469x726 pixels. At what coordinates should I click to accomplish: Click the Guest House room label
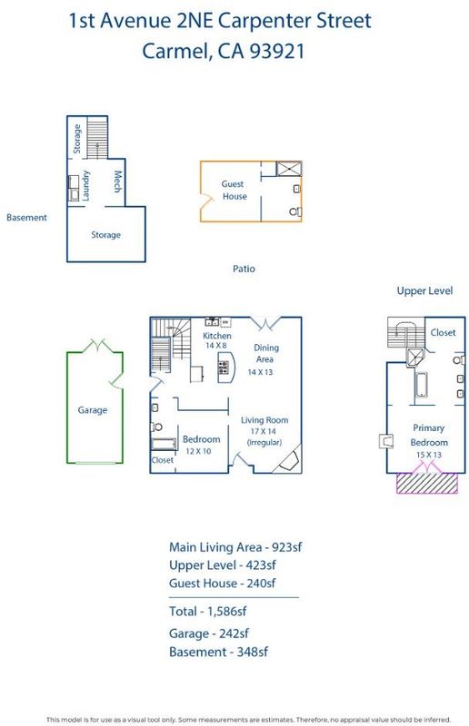point(234,190)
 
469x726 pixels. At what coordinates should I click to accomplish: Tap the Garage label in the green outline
point(93,410)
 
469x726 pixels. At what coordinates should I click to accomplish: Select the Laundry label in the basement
point(85,186)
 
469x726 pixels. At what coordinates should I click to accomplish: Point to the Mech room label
point(118,181)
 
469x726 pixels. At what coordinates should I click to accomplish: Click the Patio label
point(244,269)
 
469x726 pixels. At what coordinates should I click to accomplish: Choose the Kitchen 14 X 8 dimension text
point(216,346)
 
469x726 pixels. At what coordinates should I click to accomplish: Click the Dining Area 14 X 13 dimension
point(260,372)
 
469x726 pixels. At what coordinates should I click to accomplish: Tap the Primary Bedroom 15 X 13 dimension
point(429,455)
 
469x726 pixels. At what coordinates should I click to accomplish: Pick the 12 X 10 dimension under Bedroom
point(198,451)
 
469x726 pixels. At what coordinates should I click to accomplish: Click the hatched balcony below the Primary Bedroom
point(427,483)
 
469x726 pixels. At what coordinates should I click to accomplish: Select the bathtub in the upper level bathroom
point(421,385)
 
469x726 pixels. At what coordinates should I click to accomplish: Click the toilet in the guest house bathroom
point(295,212)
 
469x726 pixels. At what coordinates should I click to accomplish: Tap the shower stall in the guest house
point(289,169)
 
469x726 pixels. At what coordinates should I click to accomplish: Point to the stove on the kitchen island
point(224,368)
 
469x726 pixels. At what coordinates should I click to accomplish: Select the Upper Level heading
point(424,290)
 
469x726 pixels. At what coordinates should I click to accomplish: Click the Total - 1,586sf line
point(207,612)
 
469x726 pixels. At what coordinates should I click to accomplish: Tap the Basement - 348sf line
point(218,652)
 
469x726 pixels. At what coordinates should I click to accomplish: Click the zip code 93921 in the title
point(277,51)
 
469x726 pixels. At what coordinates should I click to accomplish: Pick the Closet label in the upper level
point(443,332)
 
